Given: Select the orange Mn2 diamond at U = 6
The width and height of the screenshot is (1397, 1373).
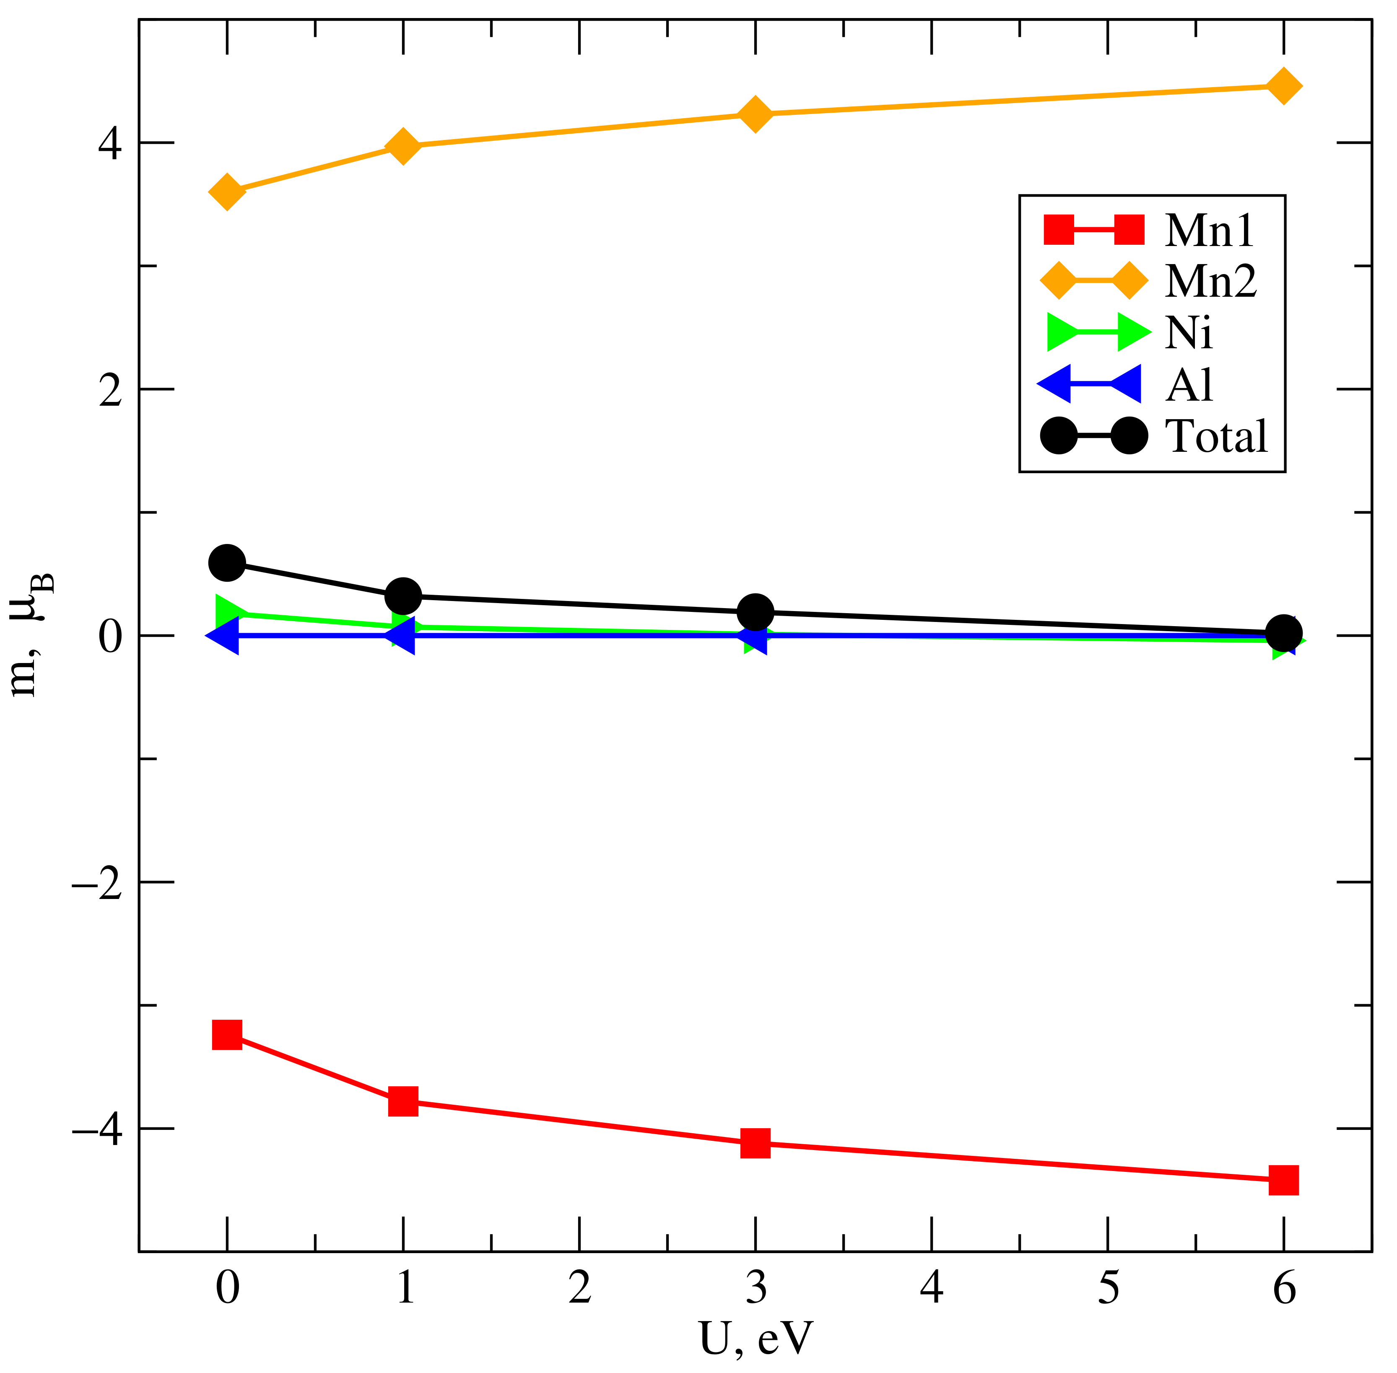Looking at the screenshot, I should point(1283,86).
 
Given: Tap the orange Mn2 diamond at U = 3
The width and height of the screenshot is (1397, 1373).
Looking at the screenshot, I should point(755,114).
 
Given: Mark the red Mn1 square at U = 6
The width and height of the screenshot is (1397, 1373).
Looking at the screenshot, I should point(1283,1181).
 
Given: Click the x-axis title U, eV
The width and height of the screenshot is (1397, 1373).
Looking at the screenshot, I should point(755,1338).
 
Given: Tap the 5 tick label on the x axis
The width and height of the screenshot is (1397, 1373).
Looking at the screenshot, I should point(1108,1287).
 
